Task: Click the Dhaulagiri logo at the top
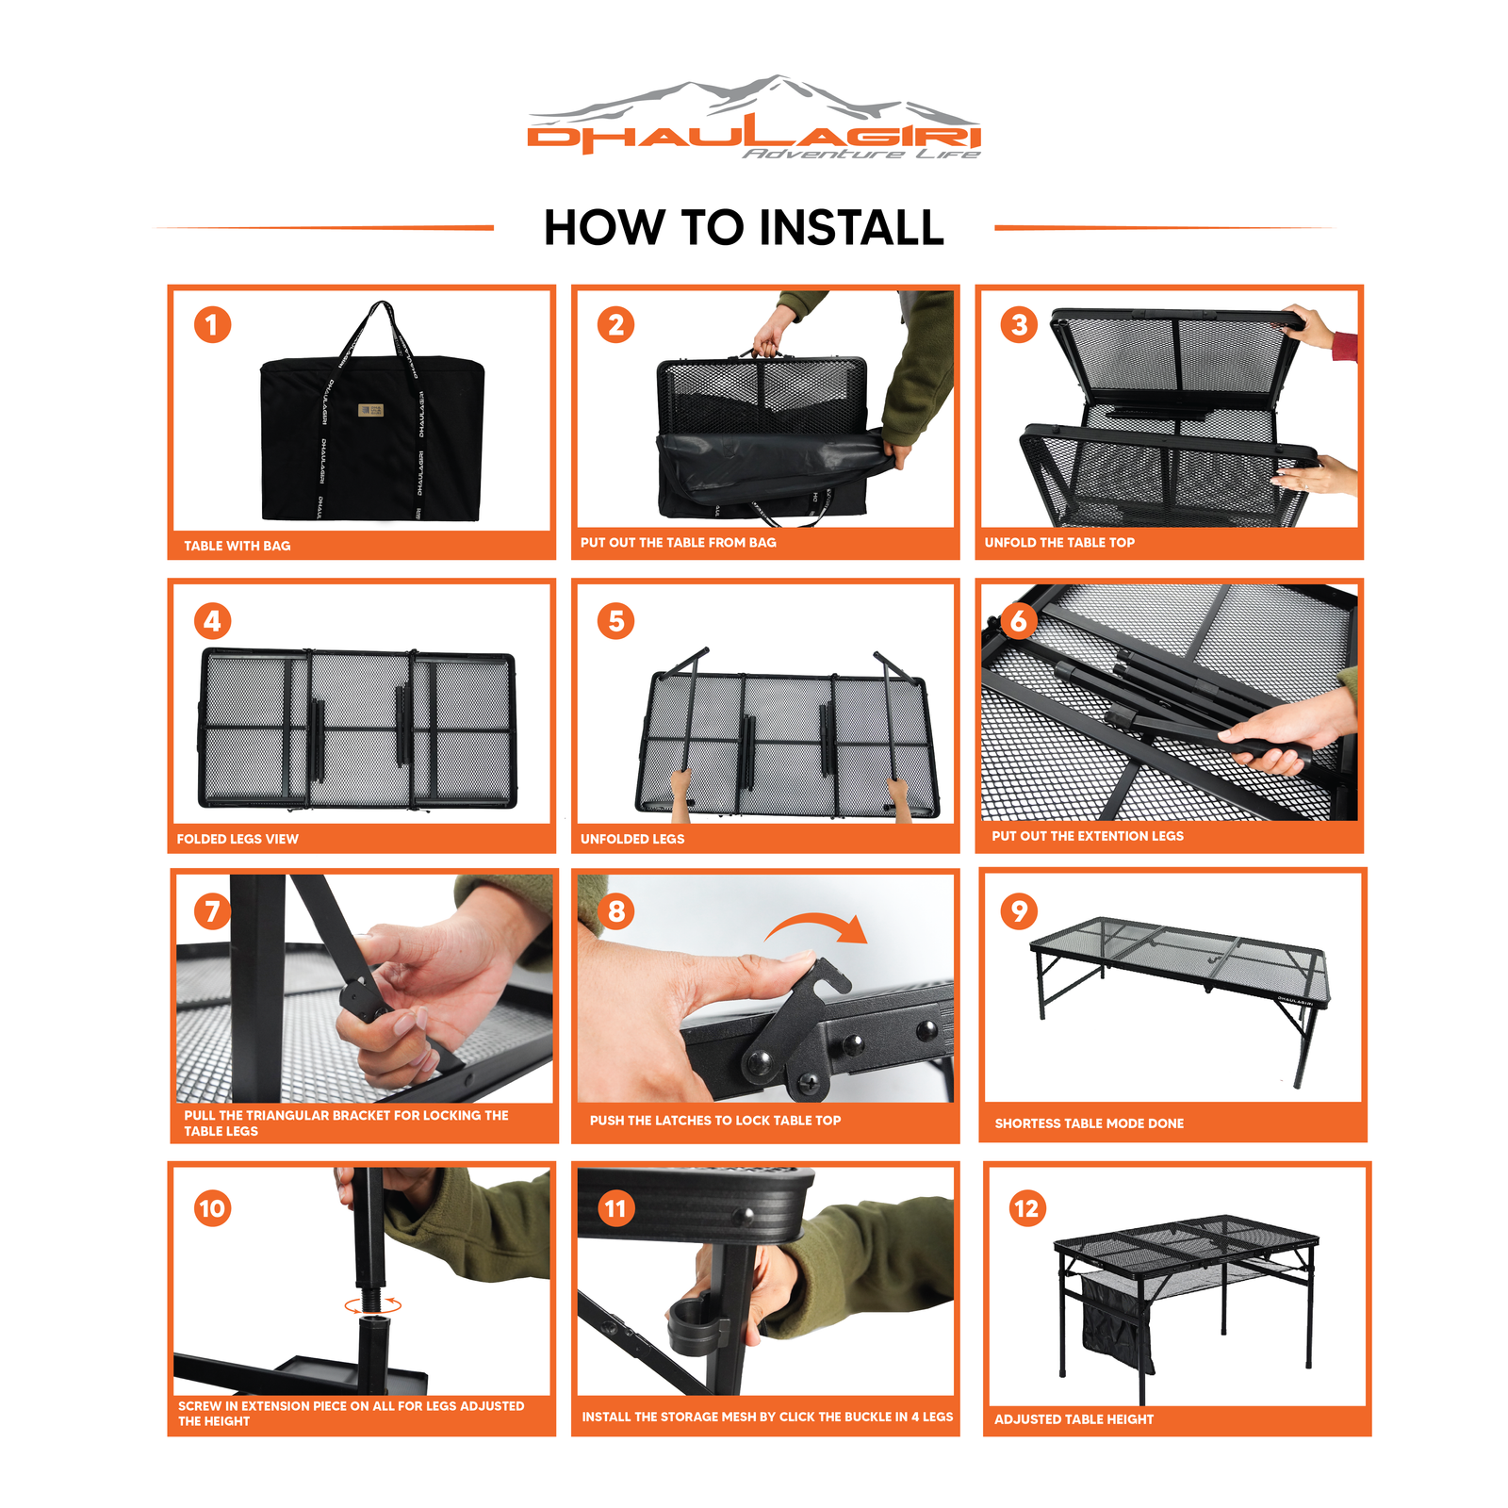754,117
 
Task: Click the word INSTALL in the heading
851,228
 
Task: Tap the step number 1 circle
212,325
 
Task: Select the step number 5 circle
615,621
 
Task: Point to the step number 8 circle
615,911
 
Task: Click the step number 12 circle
1025,1208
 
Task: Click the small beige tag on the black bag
370,410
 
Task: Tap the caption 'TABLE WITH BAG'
238,546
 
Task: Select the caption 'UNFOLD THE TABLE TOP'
1059,542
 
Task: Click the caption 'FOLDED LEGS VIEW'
238,839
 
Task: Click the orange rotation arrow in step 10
373,1305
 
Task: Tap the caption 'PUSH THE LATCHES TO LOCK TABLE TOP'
715,1121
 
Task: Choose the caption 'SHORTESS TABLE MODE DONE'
1090,1123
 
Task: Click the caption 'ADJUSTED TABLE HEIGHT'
1074,1419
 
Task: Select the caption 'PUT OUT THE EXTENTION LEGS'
1088,836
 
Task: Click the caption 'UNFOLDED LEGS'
632,839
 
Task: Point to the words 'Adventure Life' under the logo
861,154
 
